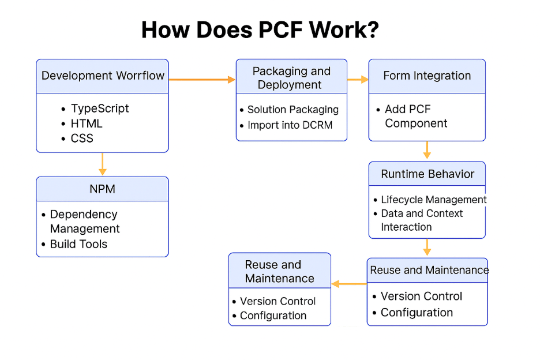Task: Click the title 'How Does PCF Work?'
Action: point(260,29)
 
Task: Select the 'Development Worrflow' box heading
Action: point(103,76)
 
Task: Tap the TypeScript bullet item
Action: point(100,108)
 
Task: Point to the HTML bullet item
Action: point(87,123)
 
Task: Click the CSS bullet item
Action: point(82,138)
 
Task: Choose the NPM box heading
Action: point(102,189)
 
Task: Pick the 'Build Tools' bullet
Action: point(78,244)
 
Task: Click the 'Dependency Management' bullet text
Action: point(84,222)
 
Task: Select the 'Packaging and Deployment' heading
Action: point(291,78)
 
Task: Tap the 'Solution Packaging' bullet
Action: point(293,110)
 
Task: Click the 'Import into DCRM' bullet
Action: point(290,125)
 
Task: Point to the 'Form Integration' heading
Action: point(427,76)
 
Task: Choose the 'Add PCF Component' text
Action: point(416,116)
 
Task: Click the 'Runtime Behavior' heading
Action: point(427,174)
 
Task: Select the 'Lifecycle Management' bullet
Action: point(434,200)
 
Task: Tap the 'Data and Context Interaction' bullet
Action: point(422,220)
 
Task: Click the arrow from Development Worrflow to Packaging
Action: point(202,80)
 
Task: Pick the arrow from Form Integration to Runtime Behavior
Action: point(427,150)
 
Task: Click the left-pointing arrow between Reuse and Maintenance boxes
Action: point(349,284)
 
